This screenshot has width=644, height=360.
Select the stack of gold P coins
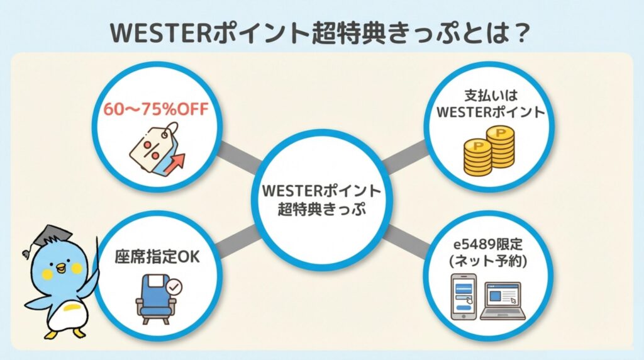(489, 151)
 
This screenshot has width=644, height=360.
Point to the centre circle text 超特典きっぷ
(321, 208)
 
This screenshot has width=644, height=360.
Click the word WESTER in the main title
(155, 32)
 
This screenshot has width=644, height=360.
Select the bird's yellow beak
(60, 269)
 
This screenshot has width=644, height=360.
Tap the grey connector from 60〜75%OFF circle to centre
(238, 158)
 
